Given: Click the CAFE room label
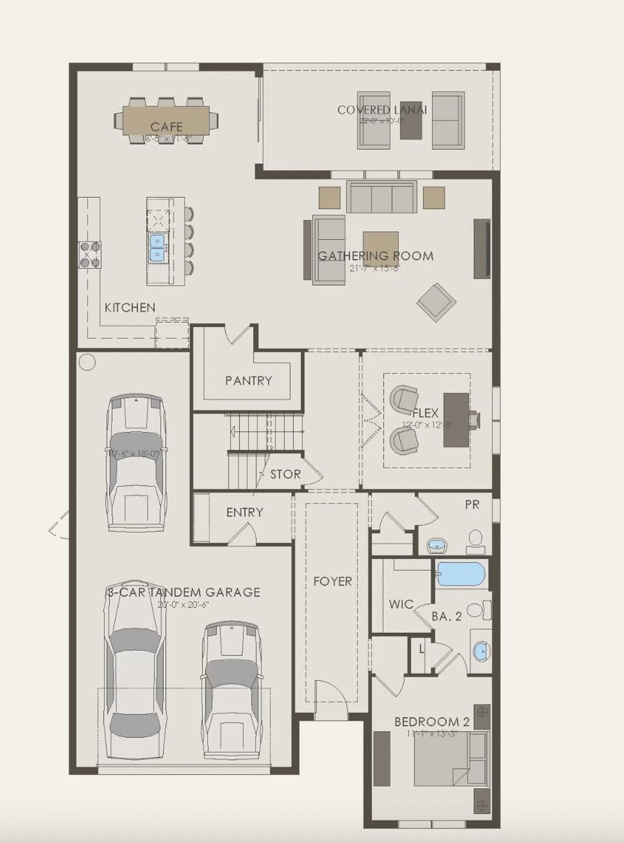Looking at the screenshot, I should pos(166,127).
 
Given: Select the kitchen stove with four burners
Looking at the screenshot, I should pos(90,255).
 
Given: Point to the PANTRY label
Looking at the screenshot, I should pos(248,380).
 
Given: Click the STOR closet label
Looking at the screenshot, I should pos(285,474).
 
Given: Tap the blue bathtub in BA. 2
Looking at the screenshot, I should pos(461,574).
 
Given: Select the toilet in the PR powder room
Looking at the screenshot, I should pos(475,542).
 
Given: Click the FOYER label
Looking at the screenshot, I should pos(332,581).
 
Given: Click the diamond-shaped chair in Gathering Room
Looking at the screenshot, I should pos(436,302).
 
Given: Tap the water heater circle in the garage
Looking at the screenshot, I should pos(87,362).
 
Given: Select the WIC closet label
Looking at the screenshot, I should pos(401,605).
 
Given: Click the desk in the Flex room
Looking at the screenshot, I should pos(456,420).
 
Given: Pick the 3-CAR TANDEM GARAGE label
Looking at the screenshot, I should pos(183,592).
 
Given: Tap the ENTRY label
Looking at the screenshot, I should pos(244,512).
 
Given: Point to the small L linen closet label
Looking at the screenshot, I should pos(421,649).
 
